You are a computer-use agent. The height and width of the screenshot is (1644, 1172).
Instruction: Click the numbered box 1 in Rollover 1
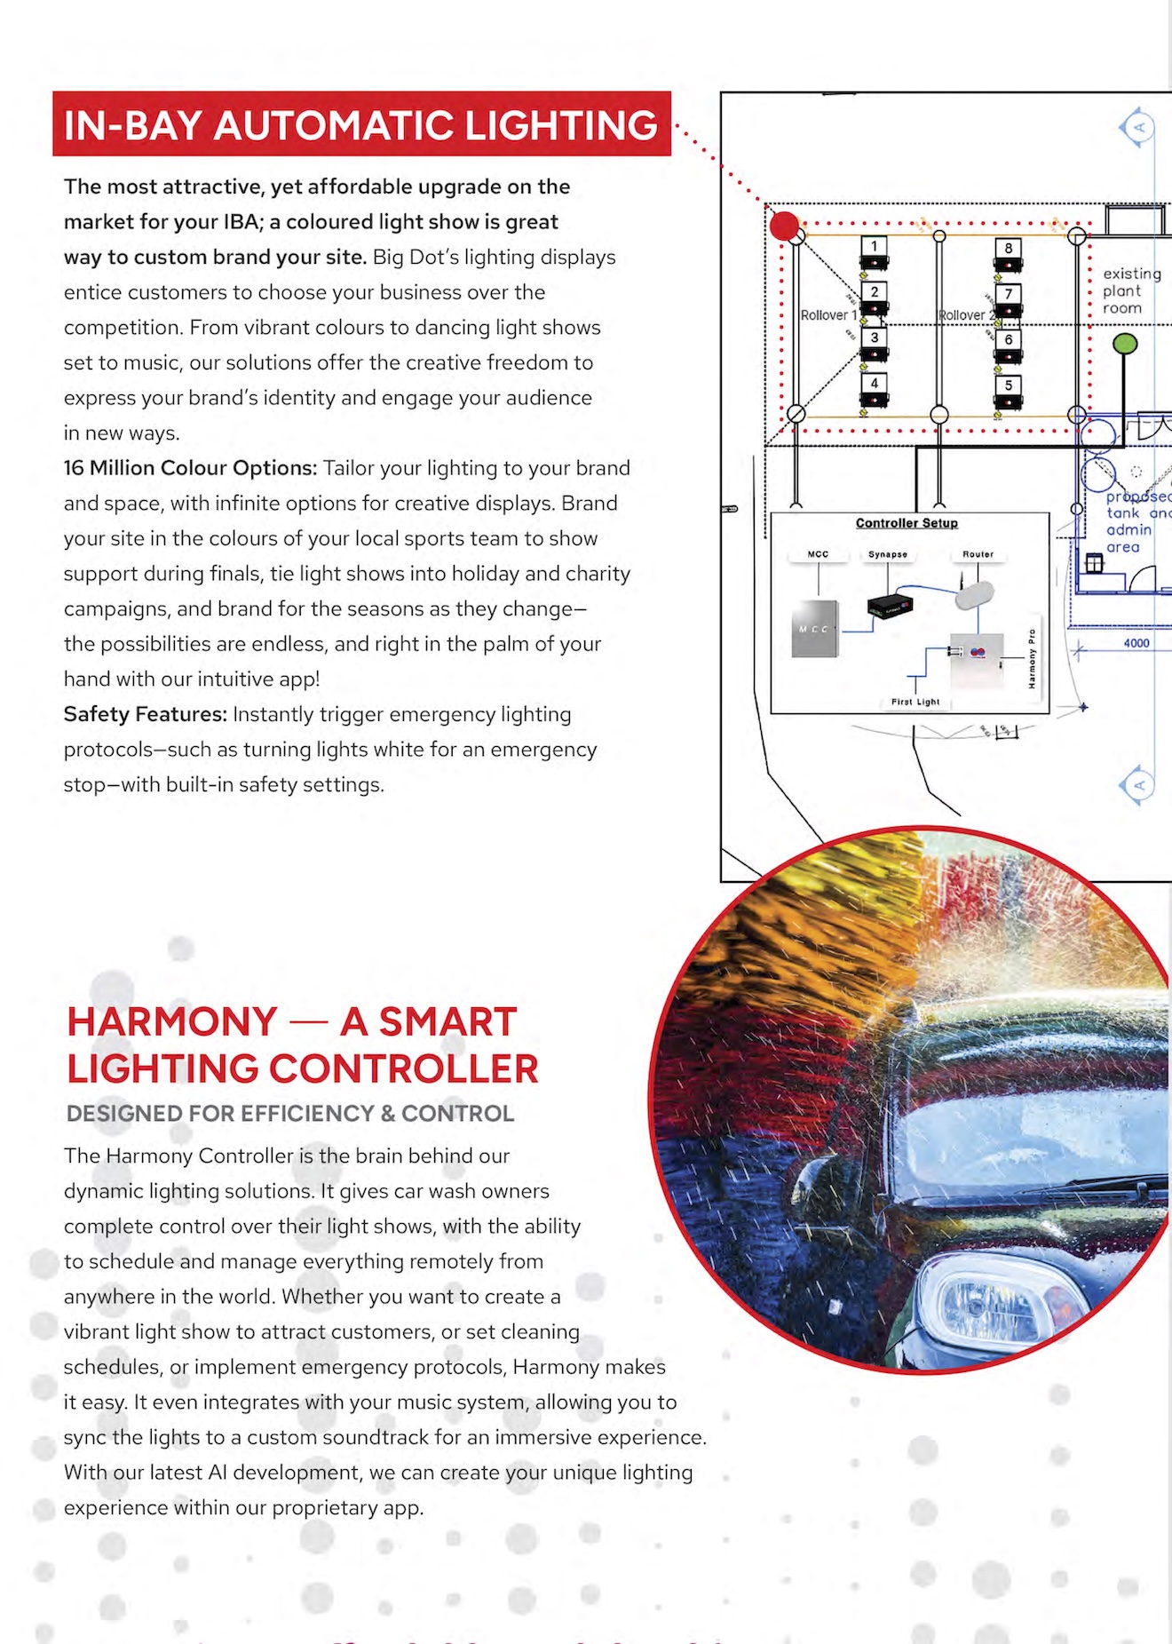(x=874, y=246)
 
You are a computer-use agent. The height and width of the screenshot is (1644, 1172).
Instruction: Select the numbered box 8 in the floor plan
(x=1008, y=248)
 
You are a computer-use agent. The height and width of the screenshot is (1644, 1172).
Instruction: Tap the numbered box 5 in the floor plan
(x=1008, y=385)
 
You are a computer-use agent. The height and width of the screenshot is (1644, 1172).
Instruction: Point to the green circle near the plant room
(x=1125, y=343)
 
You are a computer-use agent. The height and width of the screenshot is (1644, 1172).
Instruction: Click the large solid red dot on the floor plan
(x=784, y=226)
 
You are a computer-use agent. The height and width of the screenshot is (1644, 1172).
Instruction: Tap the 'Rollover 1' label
(x=828, y=315)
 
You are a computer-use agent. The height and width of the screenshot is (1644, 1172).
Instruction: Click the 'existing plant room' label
(x=1131, y=290)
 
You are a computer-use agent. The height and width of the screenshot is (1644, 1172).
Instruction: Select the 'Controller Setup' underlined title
(x=907, y=523)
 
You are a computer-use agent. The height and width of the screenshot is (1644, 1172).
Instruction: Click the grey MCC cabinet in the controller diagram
(x=814, y=629)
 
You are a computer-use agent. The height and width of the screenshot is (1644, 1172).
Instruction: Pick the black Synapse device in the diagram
(x=890, y=607)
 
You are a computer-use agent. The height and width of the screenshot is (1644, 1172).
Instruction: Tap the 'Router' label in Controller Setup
(x=978, y=554)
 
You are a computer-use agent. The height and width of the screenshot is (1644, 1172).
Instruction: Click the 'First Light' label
(x=915, y=702)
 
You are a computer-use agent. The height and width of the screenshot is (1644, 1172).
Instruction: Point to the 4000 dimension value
(x=1136, y=643)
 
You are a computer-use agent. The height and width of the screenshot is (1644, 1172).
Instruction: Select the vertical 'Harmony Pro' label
(x=1032, y=658)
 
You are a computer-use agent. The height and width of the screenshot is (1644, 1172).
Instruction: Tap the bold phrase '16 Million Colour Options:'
(x=190, y=468)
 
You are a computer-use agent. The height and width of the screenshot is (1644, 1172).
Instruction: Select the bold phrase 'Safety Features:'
(x=146, y=714)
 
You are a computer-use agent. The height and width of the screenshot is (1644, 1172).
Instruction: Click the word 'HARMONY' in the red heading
(x=172, y=1021)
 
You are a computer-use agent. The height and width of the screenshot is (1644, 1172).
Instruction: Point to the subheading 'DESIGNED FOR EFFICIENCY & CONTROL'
(x=290, y=1114)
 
